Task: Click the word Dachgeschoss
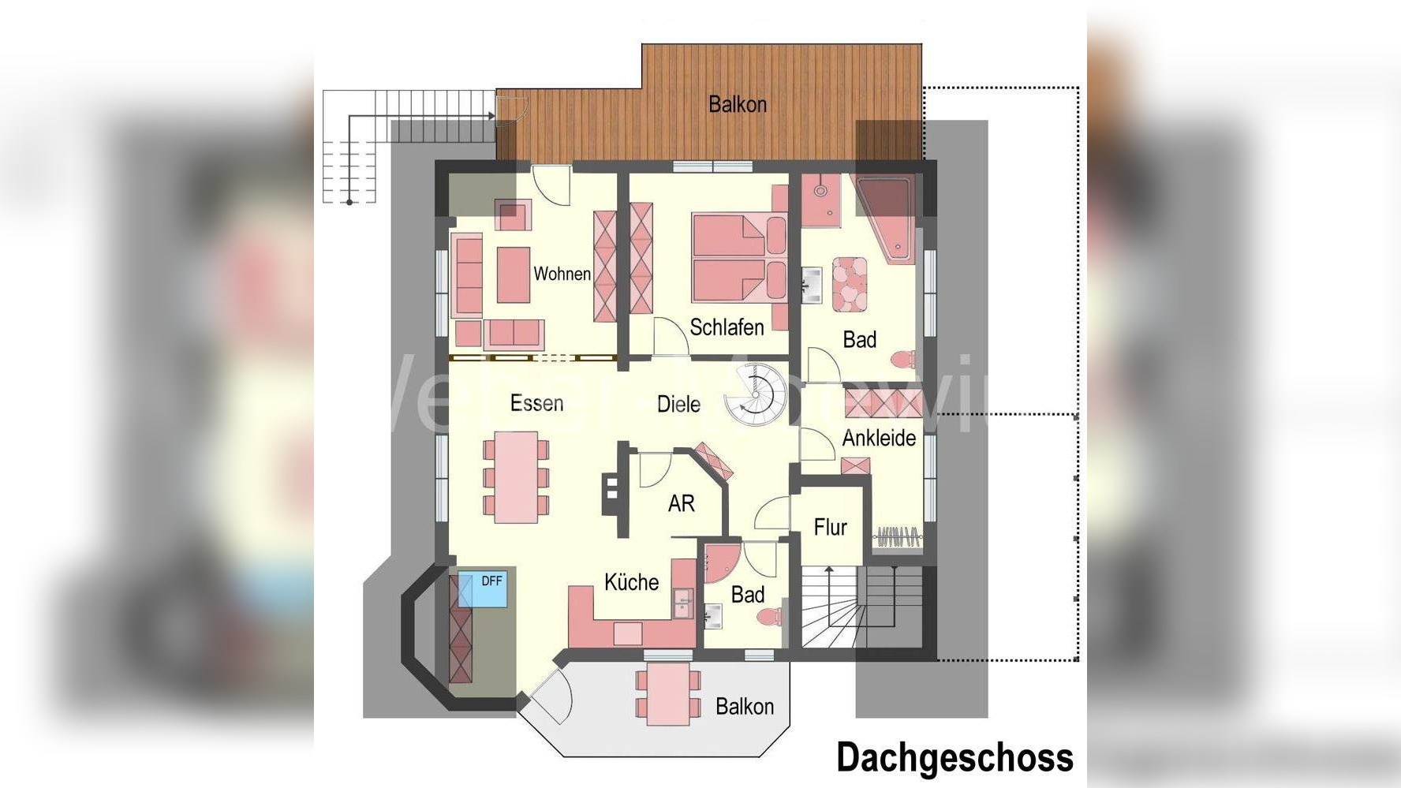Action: [x=955, y=757]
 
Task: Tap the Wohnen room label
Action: [x=562, y=274]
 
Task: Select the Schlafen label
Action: [x=727, y=327]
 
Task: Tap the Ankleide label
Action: [x=879, y=438]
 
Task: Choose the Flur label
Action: [x=830, y=527]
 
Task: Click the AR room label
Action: [x=681, y=503]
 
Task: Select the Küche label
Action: [x=631, y=582]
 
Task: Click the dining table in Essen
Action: [x=516, y=477]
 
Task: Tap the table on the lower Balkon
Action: [x=667, y=693]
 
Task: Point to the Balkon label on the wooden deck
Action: [x=738, y=104]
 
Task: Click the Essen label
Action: [x=536, y=403]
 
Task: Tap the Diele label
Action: [x=678, y=405]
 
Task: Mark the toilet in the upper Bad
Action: [x=904, y=359]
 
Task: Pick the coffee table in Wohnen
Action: [x=513, y=274]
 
